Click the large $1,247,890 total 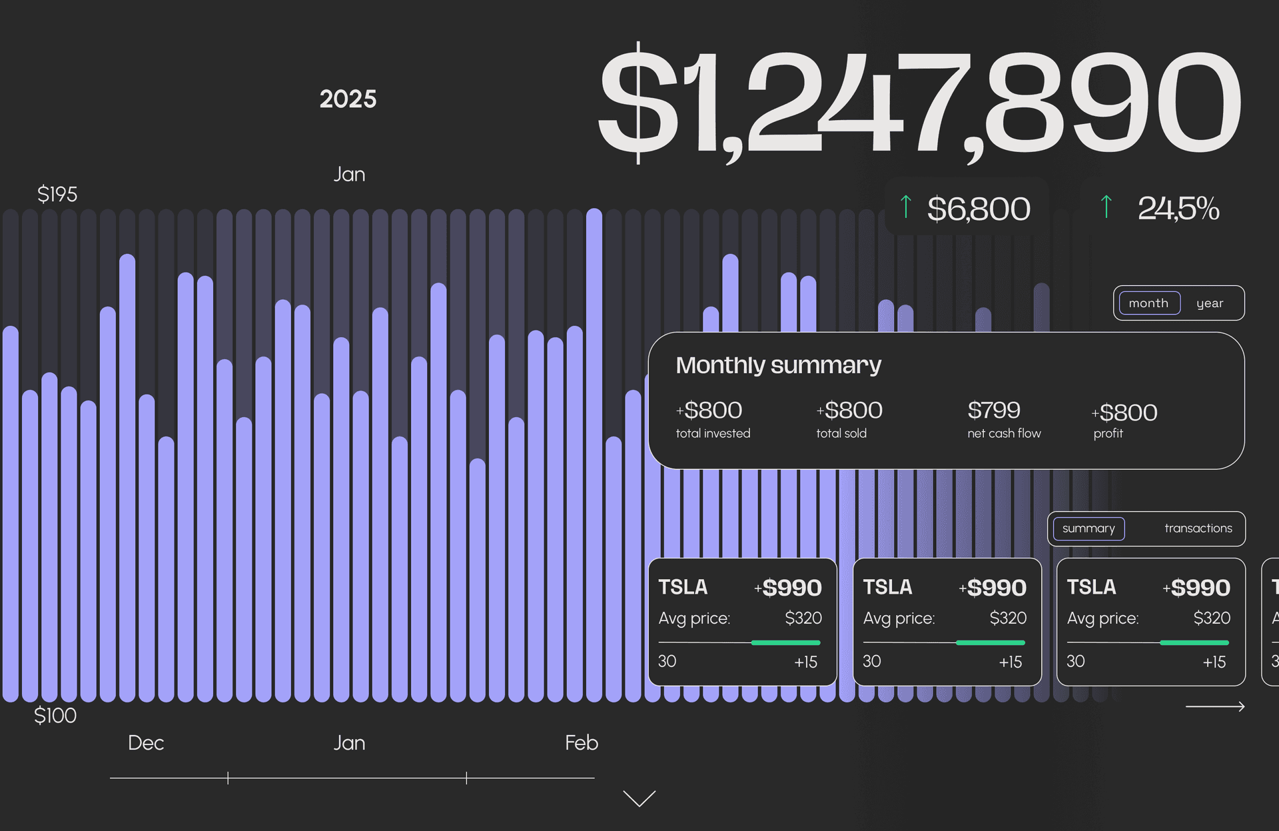coord(919,103)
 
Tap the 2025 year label coord(348,99)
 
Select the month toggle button coord(1149,303)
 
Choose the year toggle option coord(1210,303)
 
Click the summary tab coord(1088,528)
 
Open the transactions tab coord(1198,528)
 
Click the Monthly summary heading coord(778,365)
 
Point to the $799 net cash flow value coord(993,411)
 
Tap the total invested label coord(713,434)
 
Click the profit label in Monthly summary coord(1108,434)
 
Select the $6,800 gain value coord(978,209)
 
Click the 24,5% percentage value coord(1178,209)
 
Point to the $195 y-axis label coord(57,195)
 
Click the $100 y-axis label coord(55,716)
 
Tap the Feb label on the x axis coord(581,743)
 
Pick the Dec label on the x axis coord(146,743)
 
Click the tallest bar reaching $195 coord(594,453)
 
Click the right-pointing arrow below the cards coord(1215,706)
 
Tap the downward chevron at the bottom coord(639,798)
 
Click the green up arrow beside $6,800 coord(905,207)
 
